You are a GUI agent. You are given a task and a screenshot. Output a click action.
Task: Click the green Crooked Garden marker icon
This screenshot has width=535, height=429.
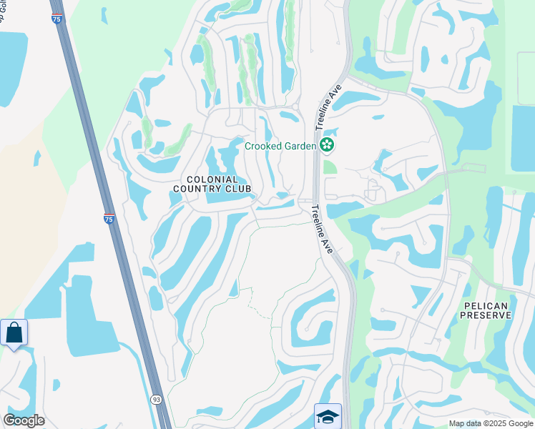(328, 145)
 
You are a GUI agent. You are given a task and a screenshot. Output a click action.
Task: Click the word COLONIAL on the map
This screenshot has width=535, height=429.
(212, 179)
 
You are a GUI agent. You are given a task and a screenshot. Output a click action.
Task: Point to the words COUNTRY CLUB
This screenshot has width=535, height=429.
(212, 189)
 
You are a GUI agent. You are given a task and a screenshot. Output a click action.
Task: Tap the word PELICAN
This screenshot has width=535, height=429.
(485, 306)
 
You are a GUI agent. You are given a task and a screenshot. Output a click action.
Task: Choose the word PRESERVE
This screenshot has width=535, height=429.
(485, 316)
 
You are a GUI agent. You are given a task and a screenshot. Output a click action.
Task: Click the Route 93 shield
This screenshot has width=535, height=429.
(157, 399)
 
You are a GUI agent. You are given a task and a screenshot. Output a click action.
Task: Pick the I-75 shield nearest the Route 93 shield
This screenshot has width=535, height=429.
(108, 218)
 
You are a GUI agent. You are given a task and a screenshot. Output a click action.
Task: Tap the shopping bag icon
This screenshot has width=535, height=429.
(14, 332)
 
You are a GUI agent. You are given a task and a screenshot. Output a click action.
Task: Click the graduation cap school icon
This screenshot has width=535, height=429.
(328, 416)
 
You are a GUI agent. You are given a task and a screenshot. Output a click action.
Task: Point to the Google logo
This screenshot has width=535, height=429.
(24, 420)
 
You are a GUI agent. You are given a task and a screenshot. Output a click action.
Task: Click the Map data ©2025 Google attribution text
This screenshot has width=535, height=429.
(491, 423)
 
